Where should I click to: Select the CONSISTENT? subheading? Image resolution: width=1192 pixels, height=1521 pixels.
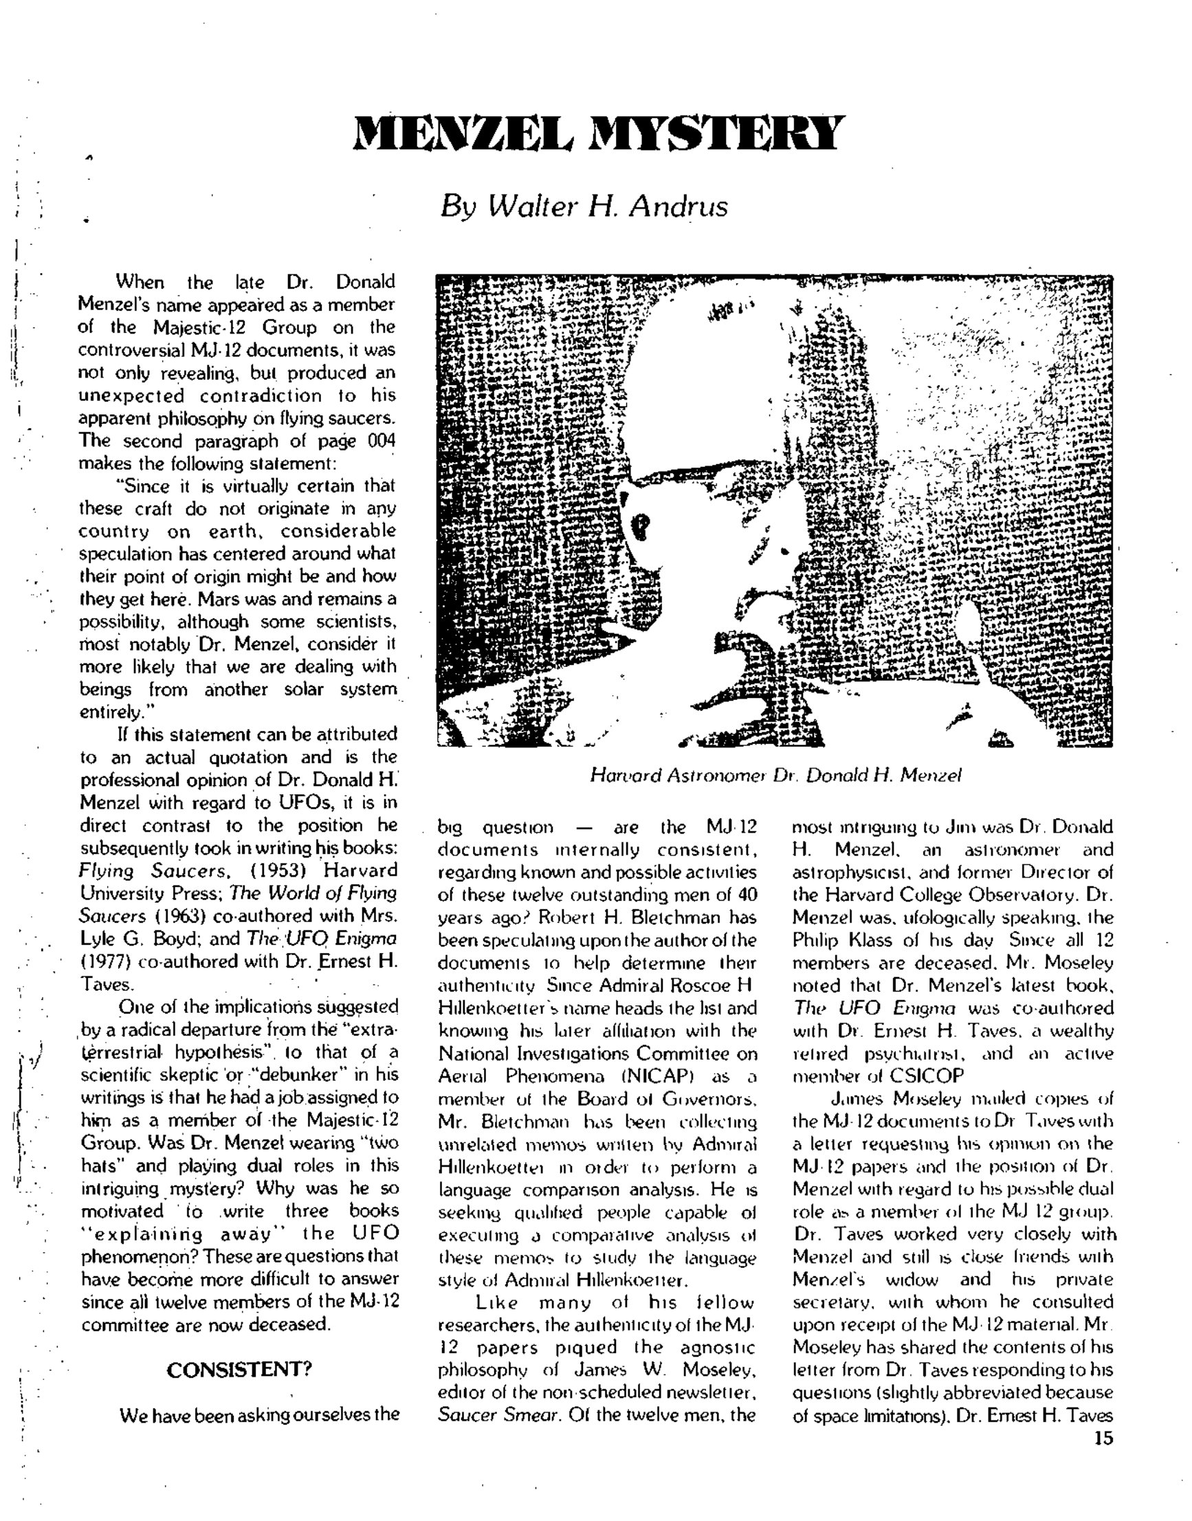(x=239, y=1370)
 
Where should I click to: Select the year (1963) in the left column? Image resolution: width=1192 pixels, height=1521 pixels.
(x=170, y=916)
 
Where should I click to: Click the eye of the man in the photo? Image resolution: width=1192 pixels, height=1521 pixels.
(x=642, y=521)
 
